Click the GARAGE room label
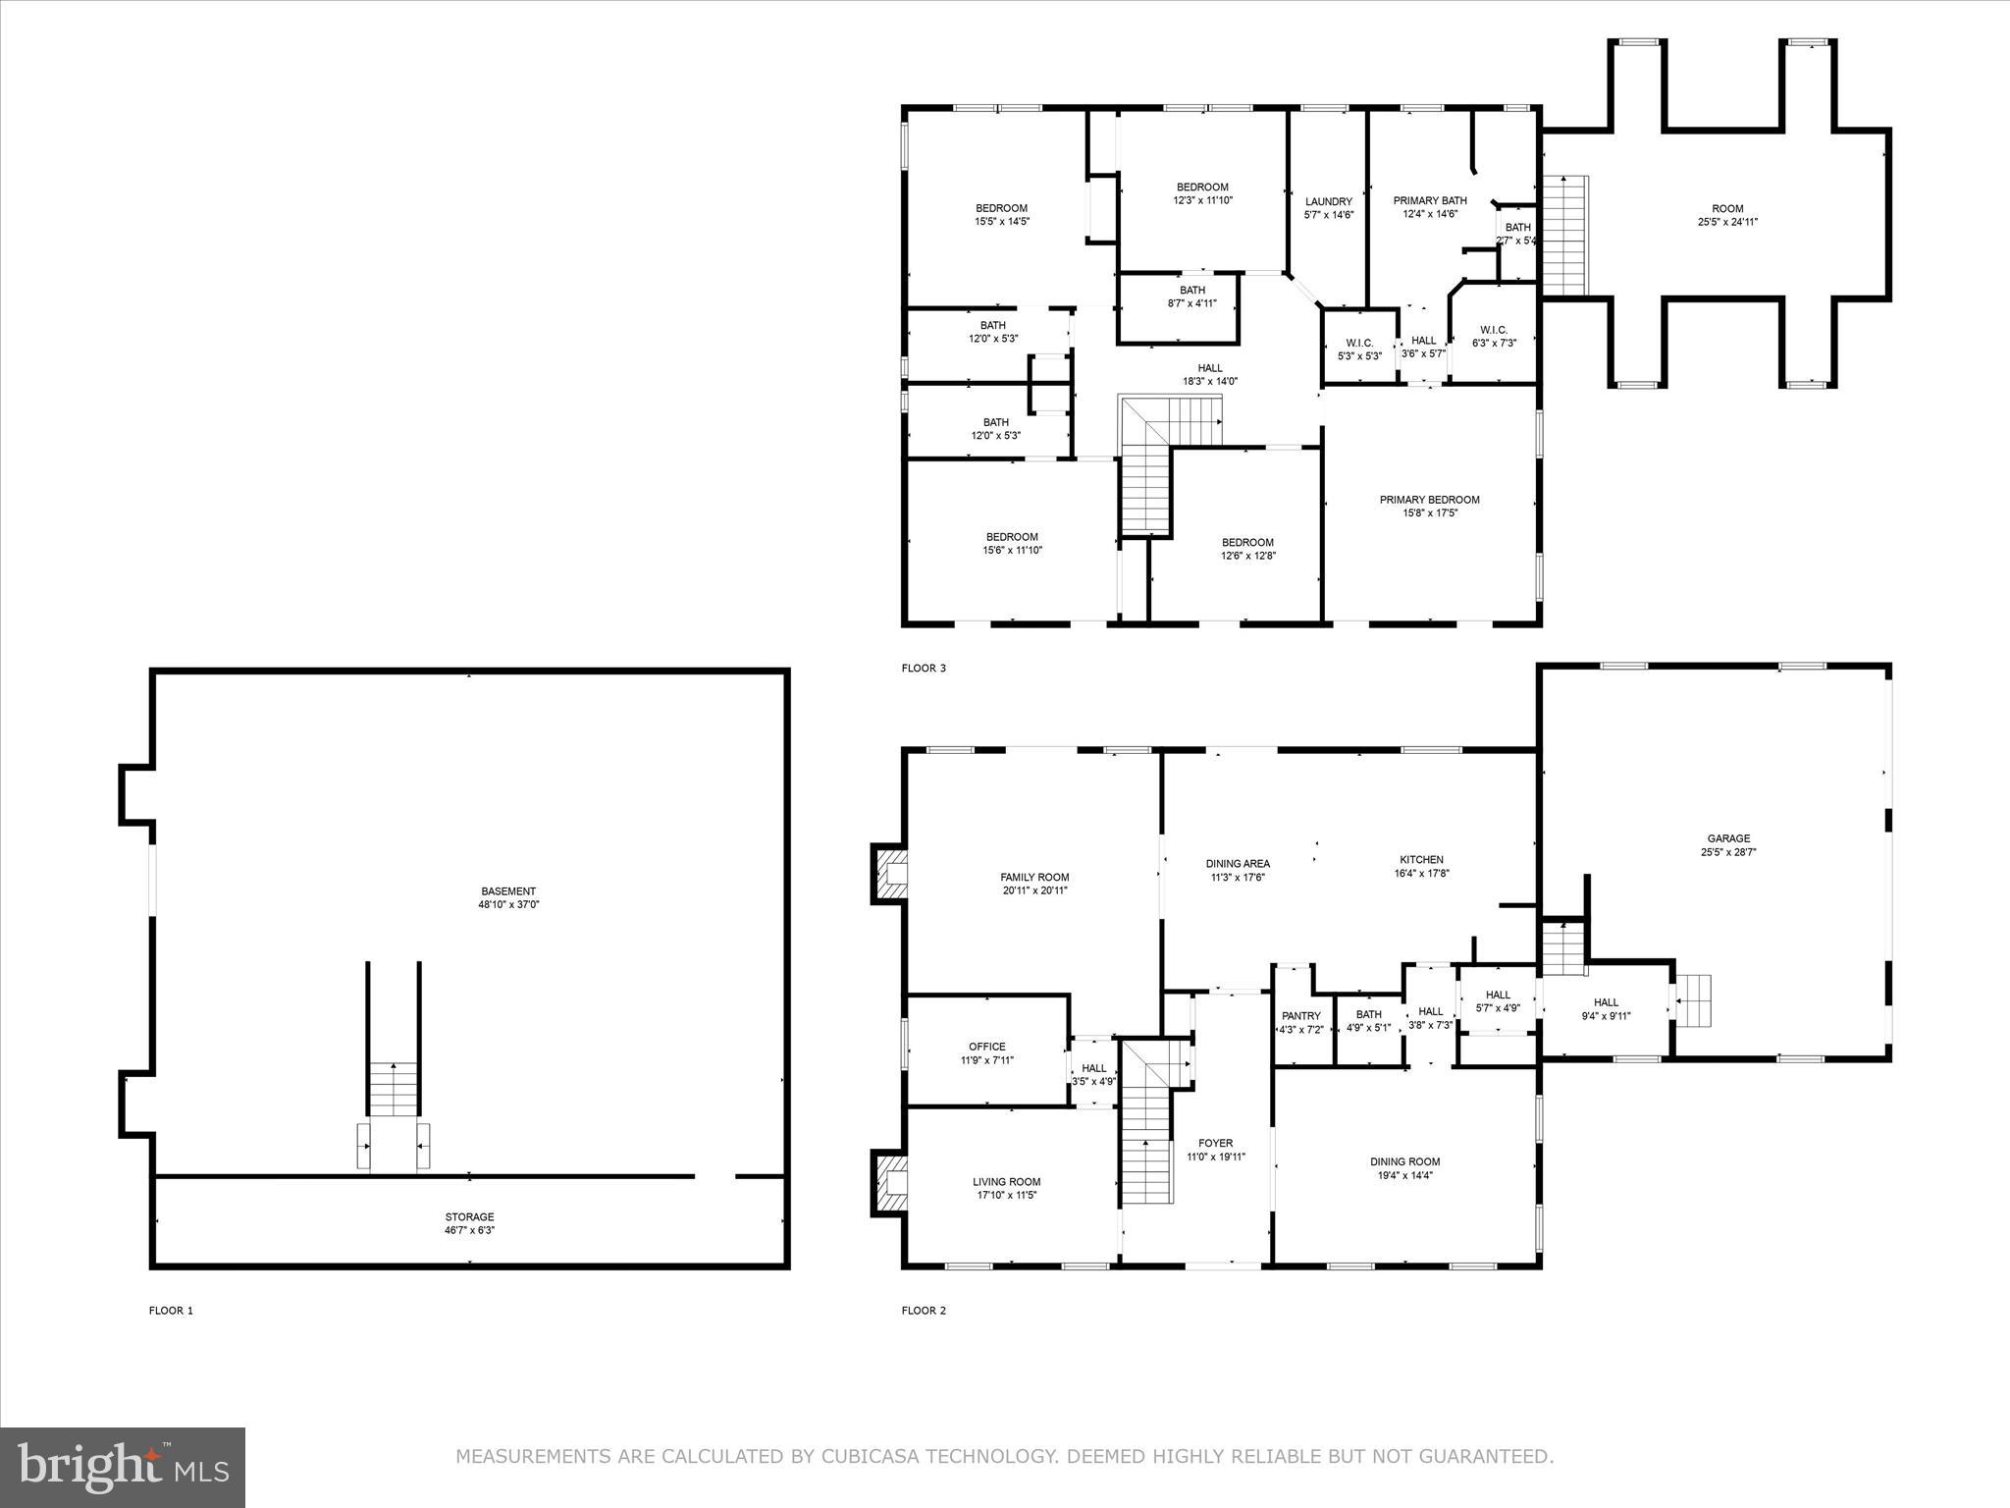point(1727,838)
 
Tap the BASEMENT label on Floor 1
point(508,891)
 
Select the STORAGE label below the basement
point(469,1216)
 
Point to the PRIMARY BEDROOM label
point(1429,500)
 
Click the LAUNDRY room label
point(1328,201)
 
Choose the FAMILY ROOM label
point(1034,877)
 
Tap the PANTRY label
point(1301,1015)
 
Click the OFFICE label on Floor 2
point(986,1047)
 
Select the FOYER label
point(1215,1143)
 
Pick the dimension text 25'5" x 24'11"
point(1727,222)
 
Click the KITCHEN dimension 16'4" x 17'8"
point(1421,873)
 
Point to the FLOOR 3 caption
point(924,669)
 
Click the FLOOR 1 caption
point(171,1310)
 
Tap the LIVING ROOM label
point(1006,1182)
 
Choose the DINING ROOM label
point(1404,1161)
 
